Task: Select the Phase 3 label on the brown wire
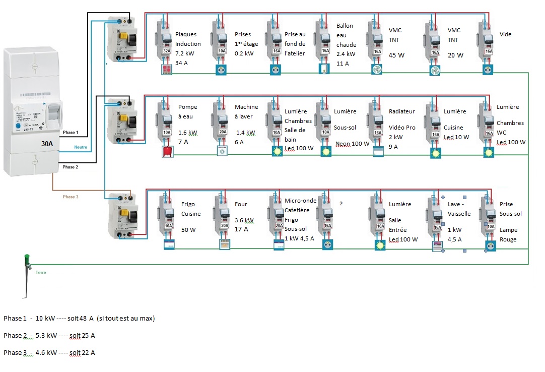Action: click(x=70, y=197)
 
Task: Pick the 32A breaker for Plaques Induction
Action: click(x=166, y=51)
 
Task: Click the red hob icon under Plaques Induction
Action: click(x=167, y=70)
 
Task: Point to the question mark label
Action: click(x=341, y=204)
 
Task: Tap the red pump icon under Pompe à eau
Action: click(x=167, y=150)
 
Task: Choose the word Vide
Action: click(x=505, y=34)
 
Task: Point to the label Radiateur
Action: click(x=402, y=111)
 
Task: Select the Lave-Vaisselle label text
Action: click(x=459, y=209)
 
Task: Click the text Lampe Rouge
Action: click(x=508, y=234)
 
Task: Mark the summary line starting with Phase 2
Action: click(x=49, y=335)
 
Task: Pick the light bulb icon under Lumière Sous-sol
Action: click(x=326, y=150)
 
